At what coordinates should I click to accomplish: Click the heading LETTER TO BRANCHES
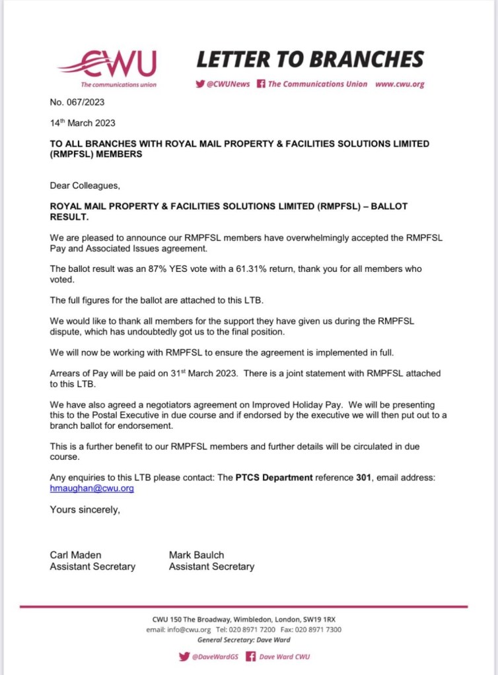(x=310, y=59)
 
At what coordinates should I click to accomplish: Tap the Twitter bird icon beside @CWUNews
(x=200, y=84)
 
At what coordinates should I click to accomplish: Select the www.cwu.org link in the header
(x=399, y=84)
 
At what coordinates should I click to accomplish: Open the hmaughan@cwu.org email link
(x=92, y=489)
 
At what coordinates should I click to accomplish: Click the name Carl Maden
(x=76, y=555)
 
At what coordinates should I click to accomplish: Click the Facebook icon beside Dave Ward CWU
(x=250, y=657)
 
